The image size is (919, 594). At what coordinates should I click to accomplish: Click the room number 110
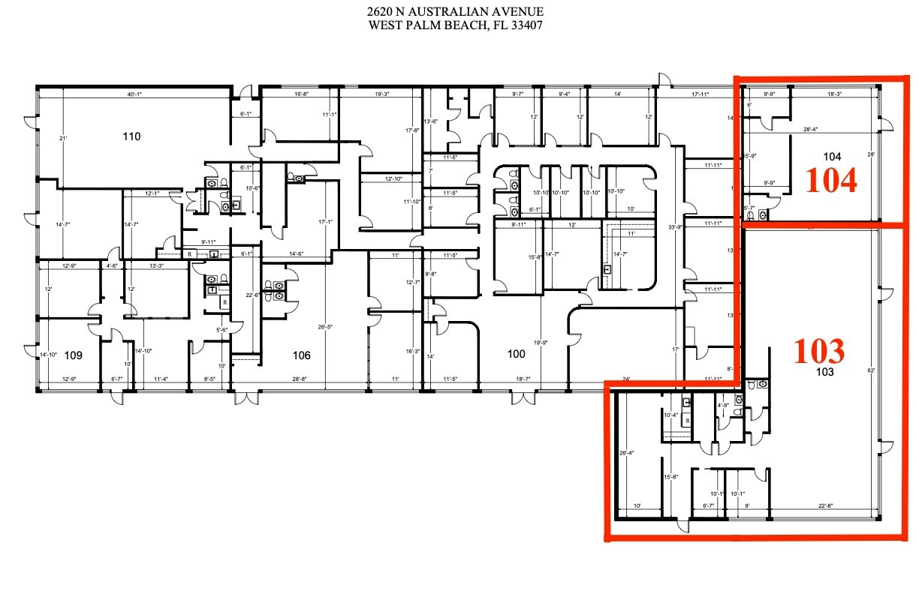[131, 136]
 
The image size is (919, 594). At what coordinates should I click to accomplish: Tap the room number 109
[73, 355]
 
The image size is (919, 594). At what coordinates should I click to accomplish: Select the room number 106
[302, 355]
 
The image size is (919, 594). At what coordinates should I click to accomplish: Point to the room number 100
[517, 355]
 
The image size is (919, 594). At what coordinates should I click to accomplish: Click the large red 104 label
[831, 181]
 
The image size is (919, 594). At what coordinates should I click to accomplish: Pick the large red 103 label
[819, 351]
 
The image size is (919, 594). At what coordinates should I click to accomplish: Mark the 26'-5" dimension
[325, 327]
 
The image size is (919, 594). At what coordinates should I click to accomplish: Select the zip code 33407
[526, 25]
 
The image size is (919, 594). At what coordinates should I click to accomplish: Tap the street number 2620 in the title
[378, 12]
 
